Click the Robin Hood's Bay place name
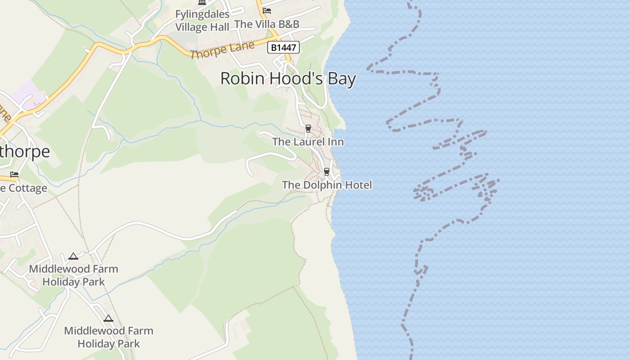click(x=288, y=79)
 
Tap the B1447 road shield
click(x=283, y=47)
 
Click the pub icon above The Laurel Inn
click(x=308, y=128)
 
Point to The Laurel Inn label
click(x=308, y=142)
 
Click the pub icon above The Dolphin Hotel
click(x=327, y=171)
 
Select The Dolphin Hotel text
click(x=327, y=185)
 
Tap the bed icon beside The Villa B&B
click(x=267, y=11)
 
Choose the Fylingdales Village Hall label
click(x=202, y=21)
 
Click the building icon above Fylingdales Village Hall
click(x=202, y=2)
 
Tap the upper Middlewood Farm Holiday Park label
click(x=73, y=275)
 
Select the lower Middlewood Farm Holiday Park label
click(x=108, y=337)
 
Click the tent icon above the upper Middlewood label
click(x=73, y=256)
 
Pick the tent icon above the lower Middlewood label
click(x=108, y=319)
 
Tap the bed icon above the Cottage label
click(x=14, y=175)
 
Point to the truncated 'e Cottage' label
click(x=23, y=188)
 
